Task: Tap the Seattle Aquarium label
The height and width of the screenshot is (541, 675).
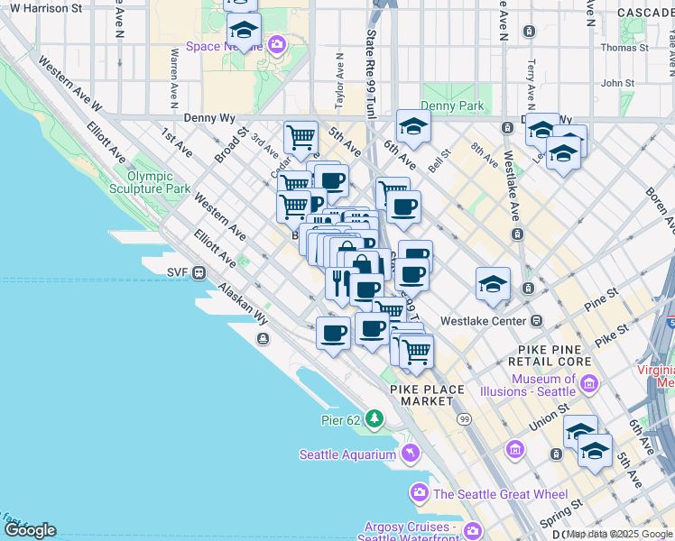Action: [347, 454]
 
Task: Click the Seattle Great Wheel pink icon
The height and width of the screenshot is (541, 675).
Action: [420, 493]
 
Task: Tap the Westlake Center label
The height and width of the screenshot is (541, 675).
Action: [483, 321]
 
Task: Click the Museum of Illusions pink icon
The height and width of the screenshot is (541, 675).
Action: [589, 385]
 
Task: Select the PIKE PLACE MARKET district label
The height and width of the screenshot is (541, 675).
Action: [428, 395]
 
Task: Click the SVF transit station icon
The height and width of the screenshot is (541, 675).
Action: [199, 271]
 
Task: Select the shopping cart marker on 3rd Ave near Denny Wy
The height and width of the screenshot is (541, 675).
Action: [301, 138]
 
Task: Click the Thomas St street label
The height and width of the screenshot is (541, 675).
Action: [624, 48]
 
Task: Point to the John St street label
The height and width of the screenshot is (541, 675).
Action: [618, 83]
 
